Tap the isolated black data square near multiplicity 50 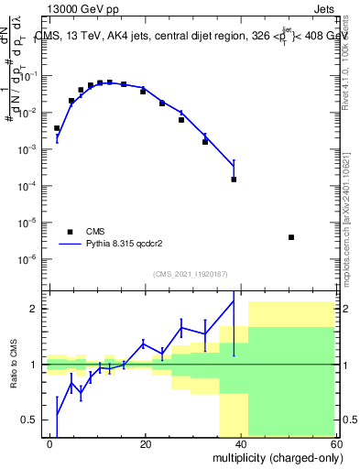[x=290, y=237]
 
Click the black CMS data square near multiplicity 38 [x=234, y=179]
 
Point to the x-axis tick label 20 [x=145, y=443]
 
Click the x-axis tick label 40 [x=241, y=443]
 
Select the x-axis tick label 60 [x=335, y=443]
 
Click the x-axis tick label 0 [x=50, y=443]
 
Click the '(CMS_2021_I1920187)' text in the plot [x=190, y=272]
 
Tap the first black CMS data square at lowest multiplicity [x=57, y=128]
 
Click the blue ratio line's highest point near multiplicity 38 [x=234, y=301]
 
